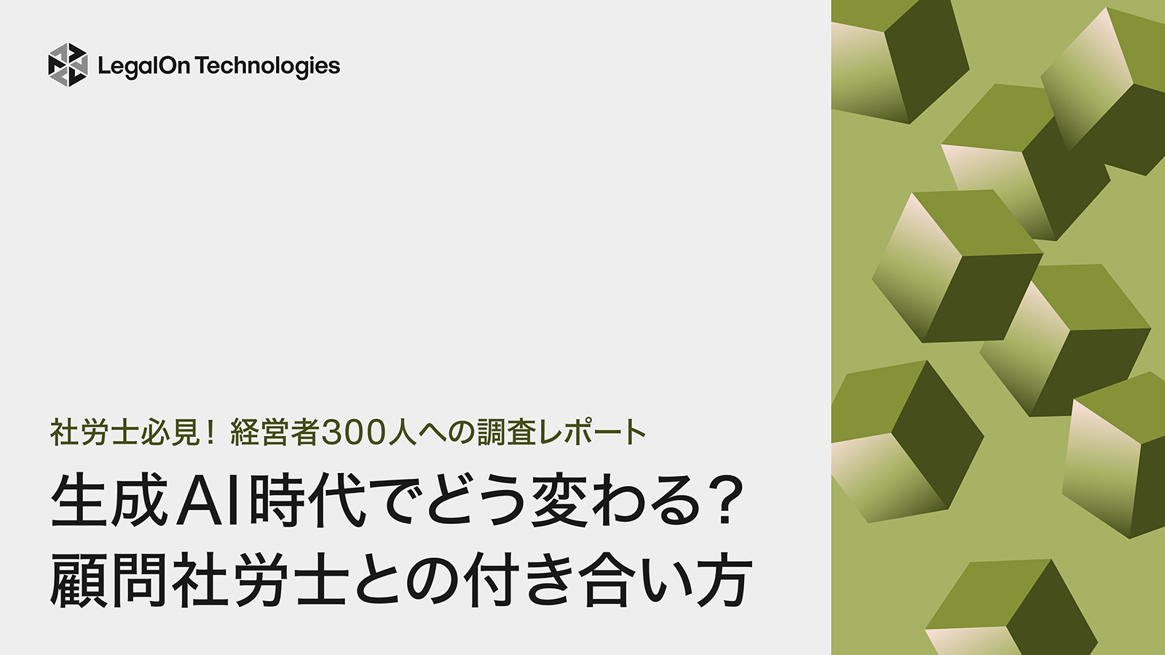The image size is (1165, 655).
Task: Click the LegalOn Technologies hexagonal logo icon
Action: pyautogui.click(x=68, y=65)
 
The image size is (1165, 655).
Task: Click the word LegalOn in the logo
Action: pyautogui.click(x=143, y=66)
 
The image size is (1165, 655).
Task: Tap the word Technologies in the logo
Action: pyautogui.click(x=267, y=66)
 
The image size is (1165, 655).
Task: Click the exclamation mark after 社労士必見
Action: pyautogui.click(x=210, y=432)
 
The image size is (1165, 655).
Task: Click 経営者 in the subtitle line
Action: pyautogui.click(x=275, y=432)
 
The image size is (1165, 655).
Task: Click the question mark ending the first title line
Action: pyautogui.click(x=724, y=501)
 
